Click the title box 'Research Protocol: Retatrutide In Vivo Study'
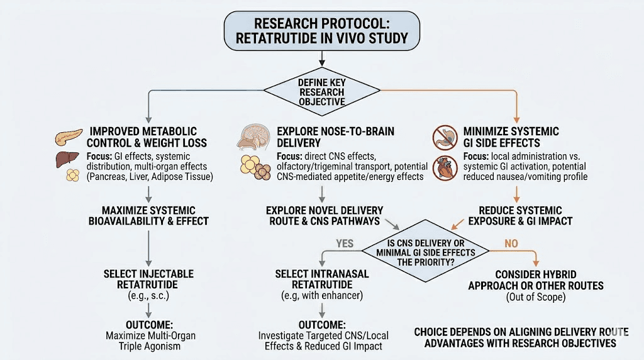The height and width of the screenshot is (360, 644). (x=321, y=30)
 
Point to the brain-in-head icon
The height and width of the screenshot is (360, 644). (x=253, y=137)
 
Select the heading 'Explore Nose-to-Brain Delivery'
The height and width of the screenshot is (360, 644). (x=335, y=137)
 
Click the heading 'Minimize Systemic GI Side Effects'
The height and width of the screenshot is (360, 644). (x=511, y=137)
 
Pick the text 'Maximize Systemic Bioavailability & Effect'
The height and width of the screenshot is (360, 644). (x=148, y=215)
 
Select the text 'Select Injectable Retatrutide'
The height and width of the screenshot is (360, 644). (x=148, y=279)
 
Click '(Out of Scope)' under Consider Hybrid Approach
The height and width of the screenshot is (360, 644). (x=536, y=296)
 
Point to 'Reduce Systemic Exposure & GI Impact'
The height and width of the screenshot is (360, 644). (x=520, y=215)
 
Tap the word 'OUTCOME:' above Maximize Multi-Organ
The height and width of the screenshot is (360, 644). (x=148, y=325)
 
